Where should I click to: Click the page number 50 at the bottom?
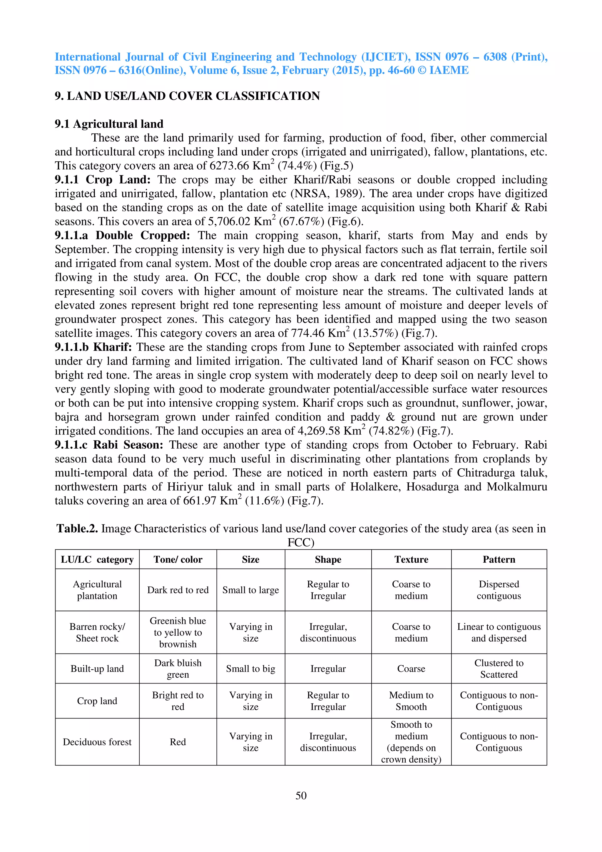[x=301, y=795]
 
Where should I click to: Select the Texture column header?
[x=411, y=559]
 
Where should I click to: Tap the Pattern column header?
[x=499, y=559]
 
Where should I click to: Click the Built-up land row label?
[x=97, y=668]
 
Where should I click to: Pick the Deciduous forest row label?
[x=97, y=742]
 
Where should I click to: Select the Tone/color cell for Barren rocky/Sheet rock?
[x=178, y=632]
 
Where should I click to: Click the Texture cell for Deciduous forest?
[x=411, y=742]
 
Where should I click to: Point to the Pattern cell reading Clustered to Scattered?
[x=499, y=668]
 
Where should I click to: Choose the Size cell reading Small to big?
[x=250, y=668]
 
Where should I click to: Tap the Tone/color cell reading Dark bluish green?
[x=178, y=668]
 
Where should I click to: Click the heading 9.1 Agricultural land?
[x=109, y=123]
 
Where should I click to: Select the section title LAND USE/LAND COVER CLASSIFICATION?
[x=193, y=96]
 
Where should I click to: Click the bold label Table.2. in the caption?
[x=77, y=528]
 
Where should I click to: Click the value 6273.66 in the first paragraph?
[x=229, y=166]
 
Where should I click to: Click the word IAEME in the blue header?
[x=449, y=70]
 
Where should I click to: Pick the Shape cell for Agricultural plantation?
[x=328, y=590]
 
